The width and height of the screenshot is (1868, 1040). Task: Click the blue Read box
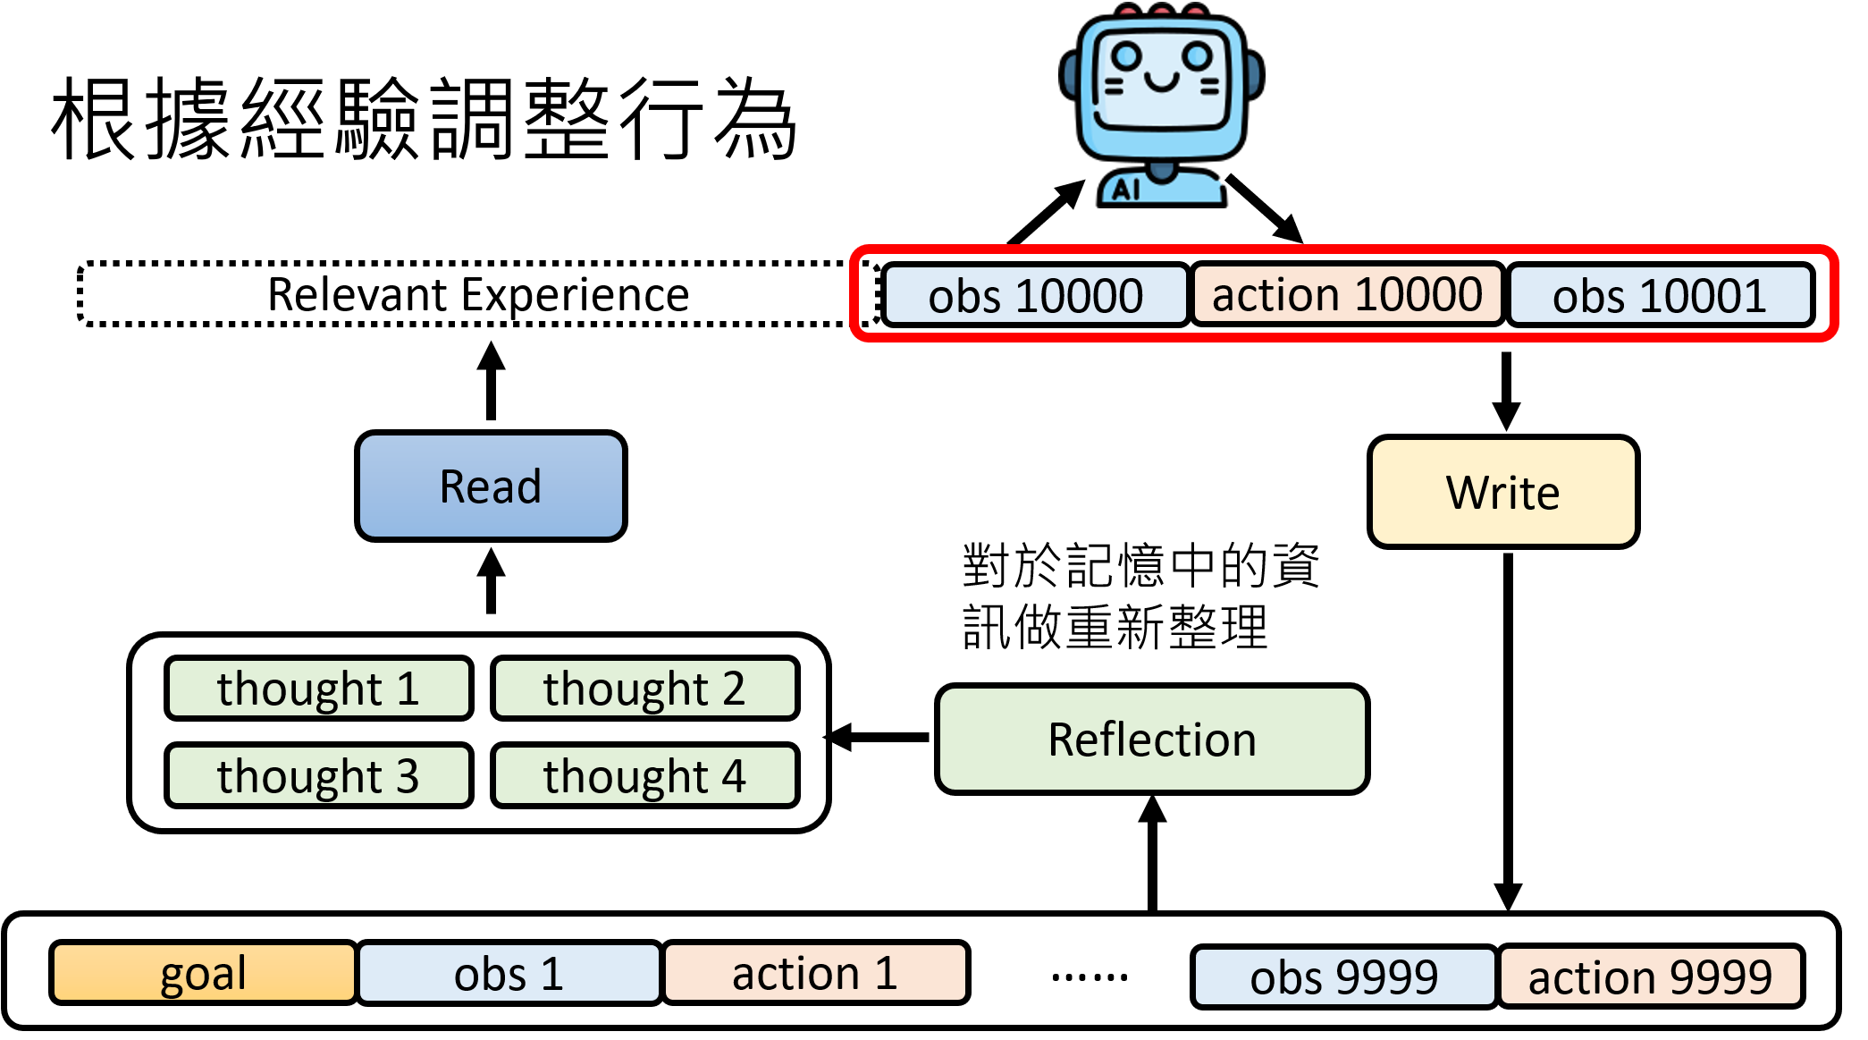click(x=491, y=486)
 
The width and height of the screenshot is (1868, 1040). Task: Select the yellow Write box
click(x=1503, y=492)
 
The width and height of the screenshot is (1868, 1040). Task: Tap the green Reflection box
click(x=1152, y=740)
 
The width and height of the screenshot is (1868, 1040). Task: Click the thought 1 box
click(x=318, y=689)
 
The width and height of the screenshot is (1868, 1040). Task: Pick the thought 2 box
click(x=644, y=689)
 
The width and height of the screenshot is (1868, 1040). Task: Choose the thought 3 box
click(x=318, y=775)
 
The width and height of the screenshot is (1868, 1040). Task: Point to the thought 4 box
click(x=644, y=775)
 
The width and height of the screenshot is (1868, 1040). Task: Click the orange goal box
click(x=203, y=973)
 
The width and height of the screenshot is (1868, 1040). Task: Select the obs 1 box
click(x=509, y=973)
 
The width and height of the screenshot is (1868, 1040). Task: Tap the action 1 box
click(x=815, y=973)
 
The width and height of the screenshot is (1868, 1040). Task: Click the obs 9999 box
click(x=1343, y=977)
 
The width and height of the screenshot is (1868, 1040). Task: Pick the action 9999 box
click(x=1650, y=977)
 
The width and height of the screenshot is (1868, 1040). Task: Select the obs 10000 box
click(x=1035, y=295)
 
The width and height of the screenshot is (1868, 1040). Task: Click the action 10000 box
click(x=1347, y=294)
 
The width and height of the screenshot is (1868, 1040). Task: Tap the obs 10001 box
click(x=1660, y=295)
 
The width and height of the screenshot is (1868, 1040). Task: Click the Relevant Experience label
click(x=478, y=294)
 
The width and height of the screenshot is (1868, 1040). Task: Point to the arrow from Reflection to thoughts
click(x=880, y=738)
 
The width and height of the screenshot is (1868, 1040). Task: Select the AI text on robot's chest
click(x=1125, y=190)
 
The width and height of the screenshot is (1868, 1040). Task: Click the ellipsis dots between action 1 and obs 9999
click(x=1090, y=977)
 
